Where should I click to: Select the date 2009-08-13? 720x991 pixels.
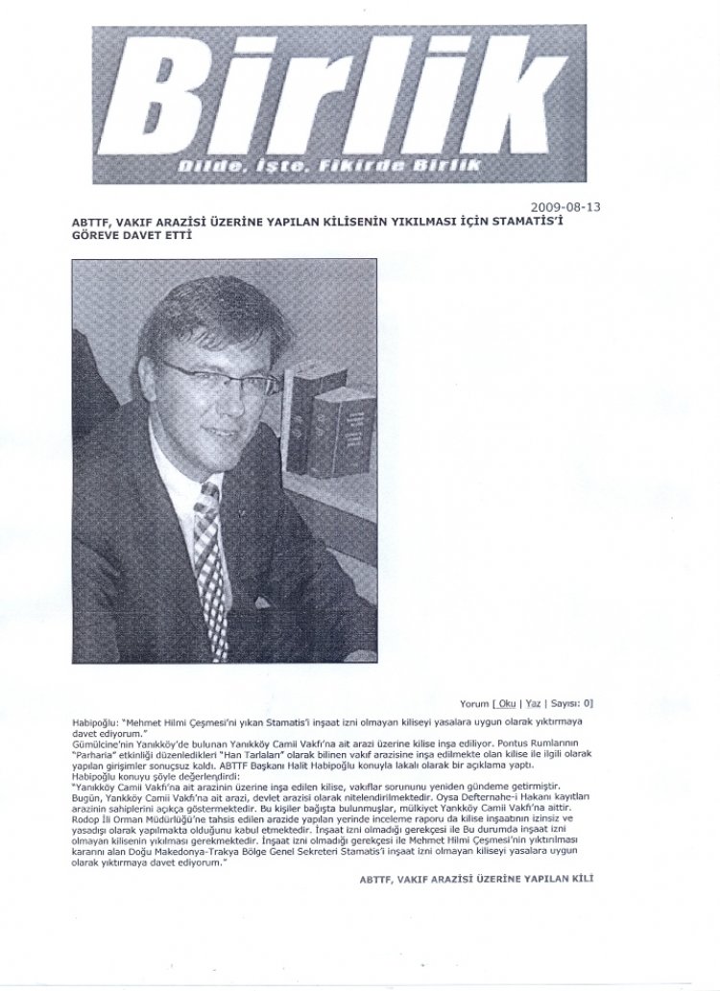pyautogui.click(x=566, y=206)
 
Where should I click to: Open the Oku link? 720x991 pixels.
pyautogui.click(x=507, y=703)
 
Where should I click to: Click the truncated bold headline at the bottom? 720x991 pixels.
pyautogui.click(x=476, y=880)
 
